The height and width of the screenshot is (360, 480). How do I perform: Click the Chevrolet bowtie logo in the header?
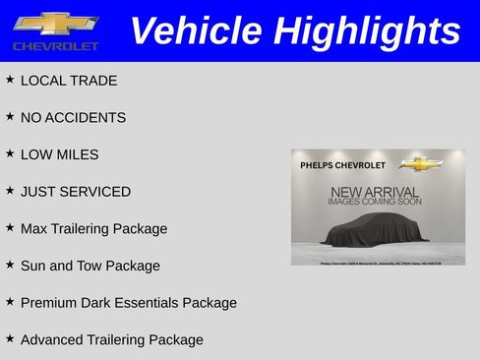[55, 23]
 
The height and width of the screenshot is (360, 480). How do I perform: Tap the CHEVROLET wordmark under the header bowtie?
[56, 46]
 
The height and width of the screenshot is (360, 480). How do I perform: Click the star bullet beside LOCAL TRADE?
[10, 79]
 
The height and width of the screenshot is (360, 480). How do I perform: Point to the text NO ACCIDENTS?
[73, 117]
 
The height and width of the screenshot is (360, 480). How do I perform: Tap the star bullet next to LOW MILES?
[10, 153]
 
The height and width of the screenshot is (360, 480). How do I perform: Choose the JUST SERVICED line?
[75, 191]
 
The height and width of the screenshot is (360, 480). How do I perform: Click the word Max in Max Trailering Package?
[34, 228]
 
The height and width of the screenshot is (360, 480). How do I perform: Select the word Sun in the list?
[33, 266]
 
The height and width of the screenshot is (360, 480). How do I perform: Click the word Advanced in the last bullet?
[52, 339]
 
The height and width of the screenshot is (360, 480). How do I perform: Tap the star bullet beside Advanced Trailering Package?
[10, 337]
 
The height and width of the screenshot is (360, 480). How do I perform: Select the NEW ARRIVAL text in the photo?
[375, 191]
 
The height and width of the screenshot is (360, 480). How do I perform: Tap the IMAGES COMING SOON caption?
[375, 202]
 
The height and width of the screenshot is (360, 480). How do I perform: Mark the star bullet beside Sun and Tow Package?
[10, 264]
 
